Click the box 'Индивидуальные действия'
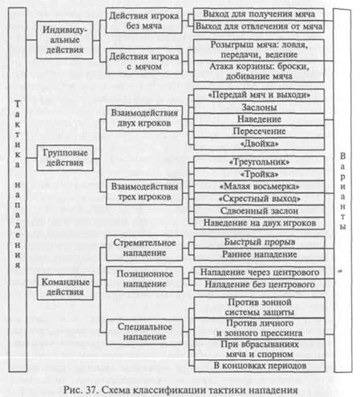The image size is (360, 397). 65,40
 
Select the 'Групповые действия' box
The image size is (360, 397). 65,158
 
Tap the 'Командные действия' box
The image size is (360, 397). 65,287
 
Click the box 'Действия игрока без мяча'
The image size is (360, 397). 144,20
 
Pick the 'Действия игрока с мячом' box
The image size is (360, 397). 144,61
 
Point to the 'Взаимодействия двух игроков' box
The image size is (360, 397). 144,118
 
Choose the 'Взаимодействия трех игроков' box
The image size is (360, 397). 144,192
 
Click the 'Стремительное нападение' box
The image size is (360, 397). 144,248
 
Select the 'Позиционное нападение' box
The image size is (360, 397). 144,279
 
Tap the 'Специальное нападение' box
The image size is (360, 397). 144,331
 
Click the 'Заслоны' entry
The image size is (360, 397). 259,107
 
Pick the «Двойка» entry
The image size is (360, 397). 259,144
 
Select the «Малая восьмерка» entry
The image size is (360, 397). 259,186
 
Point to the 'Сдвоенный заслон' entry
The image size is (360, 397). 259,211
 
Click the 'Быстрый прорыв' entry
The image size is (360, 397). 260,242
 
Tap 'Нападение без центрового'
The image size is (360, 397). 260,285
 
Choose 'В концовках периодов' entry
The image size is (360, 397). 260,366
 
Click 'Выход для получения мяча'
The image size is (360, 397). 259,14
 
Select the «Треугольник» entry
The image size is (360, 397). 259,162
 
